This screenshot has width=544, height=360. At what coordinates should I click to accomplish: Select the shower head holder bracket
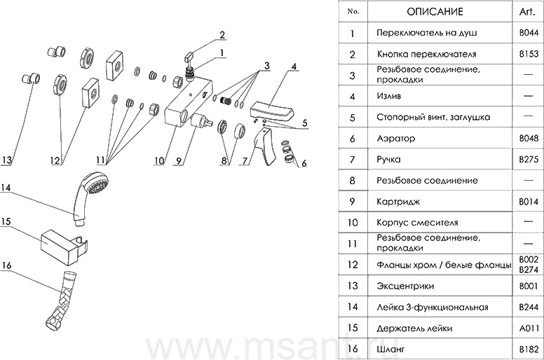70,242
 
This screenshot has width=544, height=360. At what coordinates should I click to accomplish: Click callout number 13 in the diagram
6,160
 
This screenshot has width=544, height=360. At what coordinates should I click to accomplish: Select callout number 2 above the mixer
222,34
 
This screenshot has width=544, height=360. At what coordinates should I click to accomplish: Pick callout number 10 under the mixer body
160,160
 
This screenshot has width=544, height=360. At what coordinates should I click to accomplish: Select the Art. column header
527,13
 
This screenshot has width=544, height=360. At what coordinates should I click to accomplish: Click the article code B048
528,138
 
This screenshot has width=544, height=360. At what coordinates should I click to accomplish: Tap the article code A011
528,327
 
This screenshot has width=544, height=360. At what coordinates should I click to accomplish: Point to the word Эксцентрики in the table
404,286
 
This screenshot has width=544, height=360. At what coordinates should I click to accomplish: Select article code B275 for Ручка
528,159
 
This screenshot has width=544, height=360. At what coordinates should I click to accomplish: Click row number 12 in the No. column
353,265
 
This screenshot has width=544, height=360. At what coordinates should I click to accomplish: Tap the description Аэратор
395,139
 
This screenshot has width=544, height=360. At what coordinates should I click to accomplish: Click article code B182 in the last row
528,348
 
